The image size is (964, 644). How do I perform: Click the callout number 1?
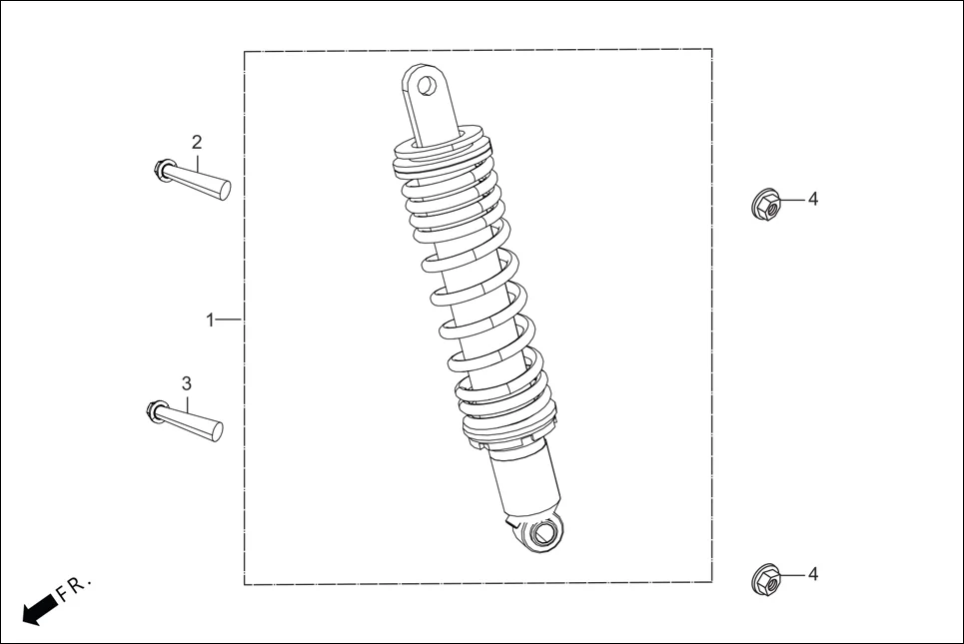210,320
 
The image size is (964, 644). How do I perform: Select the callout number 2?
197,142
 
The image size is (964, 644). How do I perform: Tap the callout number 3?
186,383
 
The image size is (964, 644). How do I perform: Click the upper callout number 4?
813,200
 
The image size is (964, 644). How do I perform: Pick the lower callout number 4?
813,574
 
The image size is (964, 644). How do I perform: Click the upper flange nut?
765,205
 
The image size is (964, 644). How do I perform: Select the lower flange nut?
765,579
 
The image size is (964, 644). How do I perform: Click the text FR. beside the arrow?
74,588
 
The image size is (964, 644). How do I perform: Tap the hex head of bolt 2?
162,170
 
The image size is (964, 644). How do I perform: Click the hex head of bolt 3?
154,409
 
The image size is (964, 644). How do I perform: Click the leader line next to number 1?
230,320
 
